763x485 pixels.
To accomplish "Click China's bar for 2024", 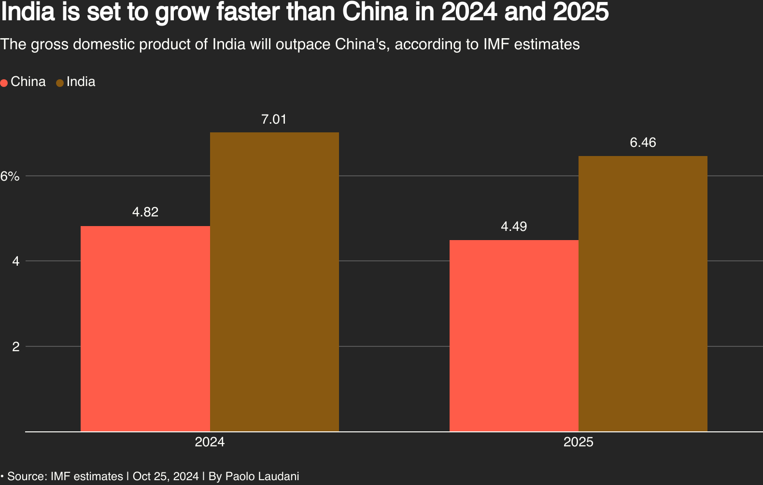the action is coord(145,328).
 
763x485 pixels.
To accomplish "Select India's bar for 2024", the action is coord(274,282).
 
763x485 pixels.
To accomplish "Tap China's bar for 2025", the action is coord(514,336).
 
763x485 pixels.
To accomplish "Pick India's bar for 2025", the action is coord(643,294).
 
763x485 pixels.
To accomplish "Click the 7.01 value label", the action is coord(274,119).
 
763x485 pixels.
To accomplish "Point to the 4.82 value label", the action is coord(145,212).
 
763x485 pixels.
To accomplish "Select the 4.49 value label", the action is coord(514,226).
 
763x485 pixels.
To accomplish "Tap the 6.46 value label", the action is coord(643,143).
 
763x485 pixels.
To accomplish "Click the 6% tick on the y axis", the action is coord(10,176).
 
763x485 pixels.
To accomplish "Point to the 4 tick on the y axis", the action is coord(15,261).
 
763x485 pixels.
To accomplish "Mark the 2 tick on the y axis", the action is coord(15,347).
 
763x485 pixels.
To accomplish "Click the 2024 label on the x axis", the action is coord(210,442).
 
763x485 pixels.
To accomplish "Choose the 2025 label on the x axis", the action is coord(579,442).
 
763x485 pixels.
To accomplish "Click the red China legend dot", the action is coord(4,83).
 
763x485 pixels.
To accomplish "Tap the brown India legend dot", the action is coord(60,83).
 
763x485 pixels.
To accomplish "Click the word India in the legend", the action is coord(81,82).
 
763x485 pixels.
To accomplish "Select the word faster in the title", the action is coord(249,12).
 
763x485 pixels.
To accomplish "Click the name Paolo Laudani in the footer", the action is coord(262,476).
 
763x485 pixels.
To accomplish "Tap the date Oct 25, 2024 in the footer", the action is coord(166,476).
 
